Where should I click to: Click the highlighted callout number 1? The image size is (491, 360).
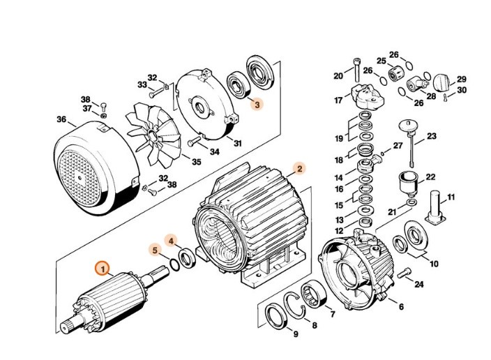coord(103,267)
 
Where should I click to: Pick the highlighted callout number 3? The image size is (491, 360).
coord(257,105)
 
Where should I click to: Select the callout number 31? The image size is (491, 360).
coord(238,144)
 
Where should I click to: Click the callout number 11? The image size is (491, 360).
coord(451,197)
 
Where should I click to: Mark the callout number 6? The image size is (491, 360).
coord(401,306)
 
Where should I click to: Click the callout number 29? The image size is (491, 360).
coord(461,80)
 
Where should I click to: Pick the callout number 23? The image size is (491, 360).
coord(431,135)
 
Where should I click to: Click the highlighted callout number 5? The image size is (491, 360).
coord(153,248)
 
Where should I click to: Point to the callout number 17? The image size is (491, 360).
coord(338,100)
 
